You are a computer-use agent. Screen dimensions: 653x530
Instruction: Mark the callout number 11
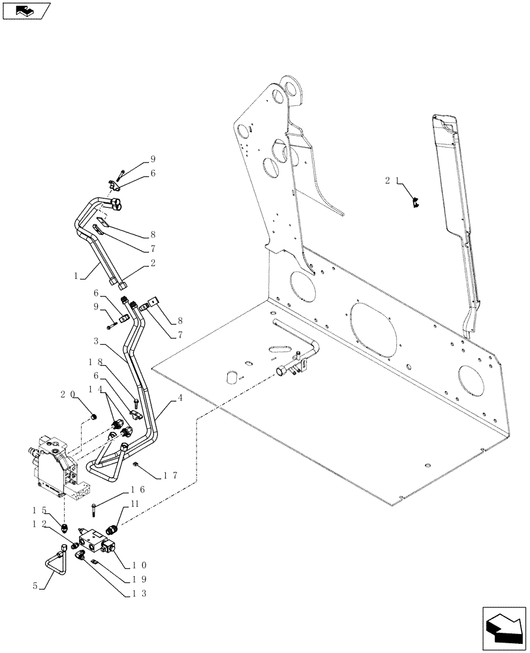(x=134, y=504)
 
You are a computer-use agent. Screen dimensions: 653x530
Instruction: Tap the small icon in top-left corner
(x=25, y=10)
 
